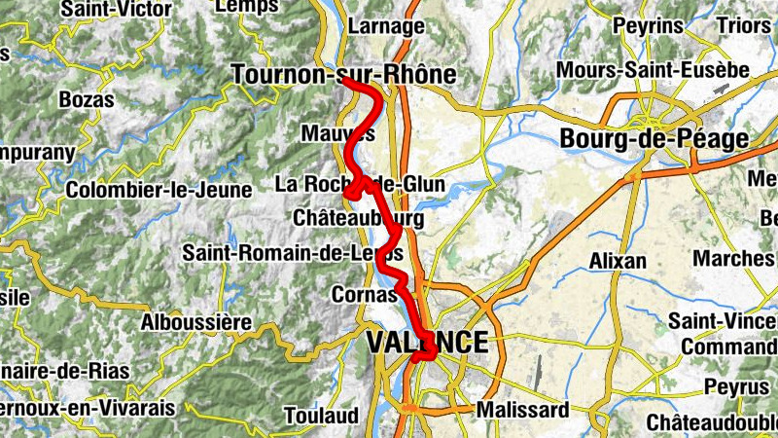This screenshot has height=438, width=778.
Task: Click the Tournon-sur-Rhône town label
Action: [x=344, y=75]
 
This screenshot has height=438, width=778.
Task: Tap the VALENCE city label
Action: [x=427, y=342]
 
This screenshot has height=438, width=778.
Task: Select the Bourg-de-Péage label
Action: [x=654, y=139]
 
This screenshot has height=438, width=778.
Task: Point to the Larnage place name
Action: [x=386, y=26]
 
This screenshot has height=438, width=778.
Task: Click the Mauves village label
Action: [x=337, y=132]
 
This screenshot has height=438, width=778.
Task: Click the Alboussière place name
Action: [x=196, y=321]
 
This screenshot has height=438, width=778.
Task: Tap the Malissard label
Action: [x=522, y=410]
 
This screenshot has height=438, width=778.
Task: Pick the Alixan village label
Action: [x=618, y=261]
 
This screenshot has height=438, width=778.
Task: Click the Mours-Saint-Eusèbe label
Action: [x=652, y=71]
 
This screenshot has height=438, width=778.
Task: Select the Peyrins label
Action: [x=649, y=25]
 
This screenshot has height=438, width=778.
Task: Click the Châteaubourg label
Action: [x=358, y=219]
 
